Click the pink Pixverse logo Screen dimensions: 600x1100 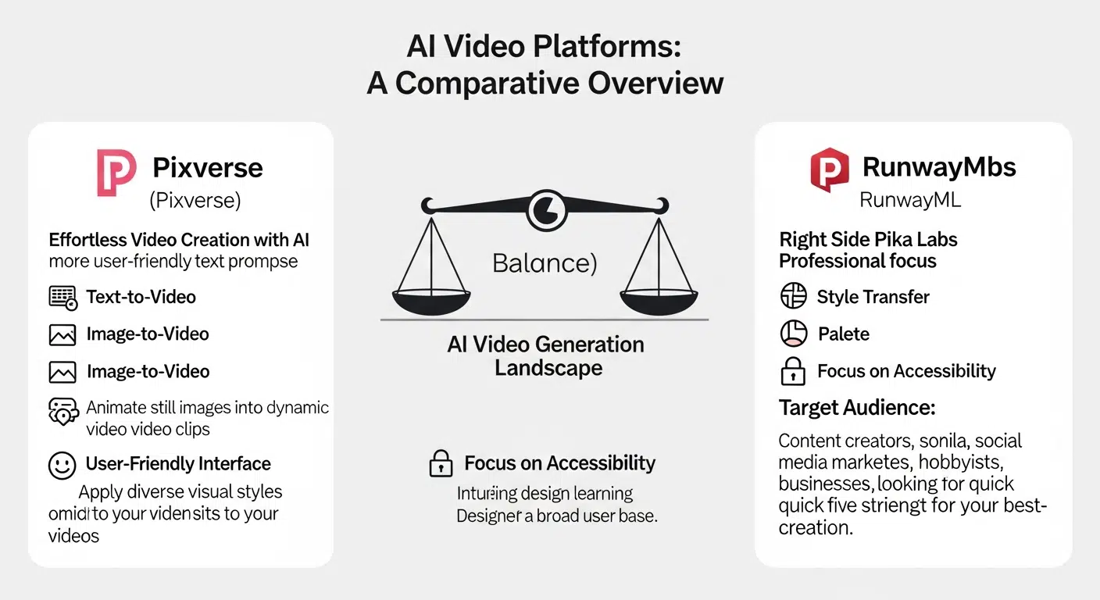[x=116, y=173]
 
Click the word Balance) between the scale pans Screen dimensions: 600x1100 [x=545, y=263]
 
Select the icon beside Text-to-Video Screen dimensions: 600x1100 [x=63, y=298]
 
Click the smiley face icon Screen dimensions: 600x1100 [x=62, y=465]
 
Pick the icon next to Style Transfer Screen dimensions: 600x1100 [x=793, y=297]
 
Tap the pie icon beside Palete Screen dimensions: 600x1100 [x=793, y=334]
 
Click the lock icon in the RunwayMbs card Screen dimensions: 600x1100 [x=793, y=371]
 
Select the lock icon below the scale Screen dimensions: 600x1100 [x=441, y=464]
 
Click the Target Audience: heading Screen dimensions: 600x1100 [x=857, y=408]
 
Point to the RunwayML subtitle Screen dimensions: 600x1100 [x=909, y=200]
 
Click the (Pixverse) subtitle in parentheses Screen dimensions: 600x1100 [x=195, y=201]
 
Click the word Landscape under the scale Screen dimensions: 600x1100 [x=548, y=368]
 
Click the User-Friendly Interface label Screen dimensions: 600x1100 [x=178, y=464]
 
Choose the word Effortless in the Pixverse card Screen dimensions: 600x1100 [x=86, y=240]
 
